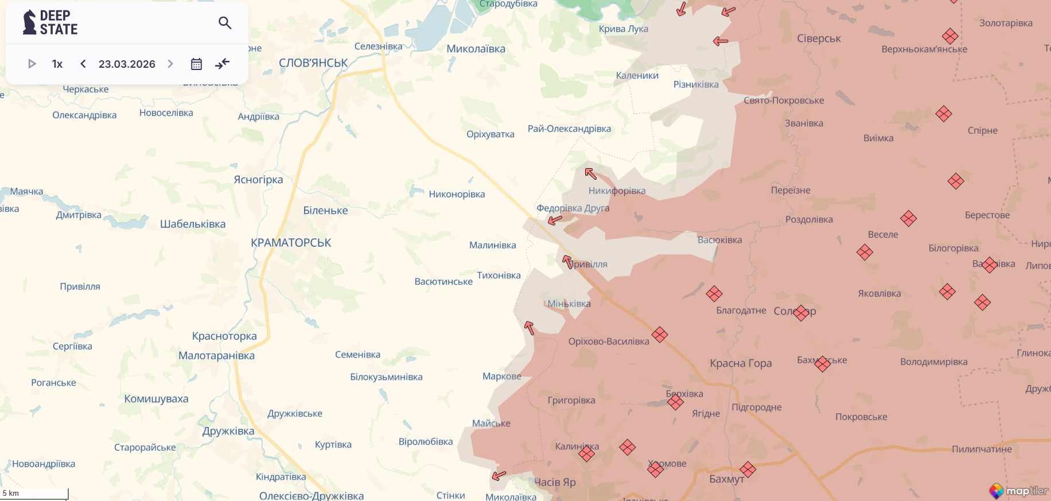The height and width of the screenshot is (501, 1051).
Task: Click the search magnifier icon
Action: (225, 23)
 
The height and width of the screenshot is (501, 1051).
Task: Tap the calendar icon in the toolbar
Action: (196, 64)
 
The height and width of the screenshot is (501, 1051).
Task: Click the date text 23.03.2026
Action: (127, 64)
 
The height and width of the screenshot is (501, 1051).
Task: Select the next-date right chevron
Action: (170, 64)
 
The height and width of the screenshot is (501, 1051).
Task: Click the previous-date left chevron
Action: (83, 64)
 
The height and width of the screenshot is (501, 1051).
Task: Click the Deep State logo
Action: (50, 22)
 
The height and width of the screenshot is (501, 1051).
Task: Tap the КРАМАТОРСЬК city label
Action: (291, 243)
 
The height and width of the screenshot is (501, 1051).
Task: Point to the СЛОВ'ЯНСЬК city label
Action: (313, 63)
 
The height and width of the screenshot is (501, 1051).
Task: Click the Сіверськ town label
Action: (819, 38)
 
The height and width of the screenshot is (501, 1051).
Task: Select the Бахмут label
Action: (726, 479)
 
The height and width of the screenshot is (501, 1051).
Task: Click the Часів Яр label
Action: (555, 482)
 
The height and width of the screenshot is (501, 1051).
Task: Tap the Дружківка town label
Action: (228, 431)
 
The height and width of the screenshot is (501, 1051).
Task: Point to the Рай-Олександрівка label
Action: (569, 129)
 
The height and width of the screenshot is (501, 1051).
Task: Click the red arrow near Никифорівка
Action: (590, 173)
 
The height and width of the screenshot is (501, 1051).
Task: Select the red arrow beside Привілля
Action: (567, 262)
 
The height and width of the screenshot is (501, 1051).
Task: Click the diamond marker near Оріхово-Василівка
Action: (660, 335)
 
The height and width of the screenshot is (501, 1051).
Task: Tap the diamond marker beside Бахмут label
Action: (748, 469)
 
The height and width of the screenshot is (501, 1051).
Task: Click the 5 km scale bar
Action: (34, 494)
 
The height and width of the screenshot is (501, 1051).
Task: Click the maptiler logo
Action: (1018, 491)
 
